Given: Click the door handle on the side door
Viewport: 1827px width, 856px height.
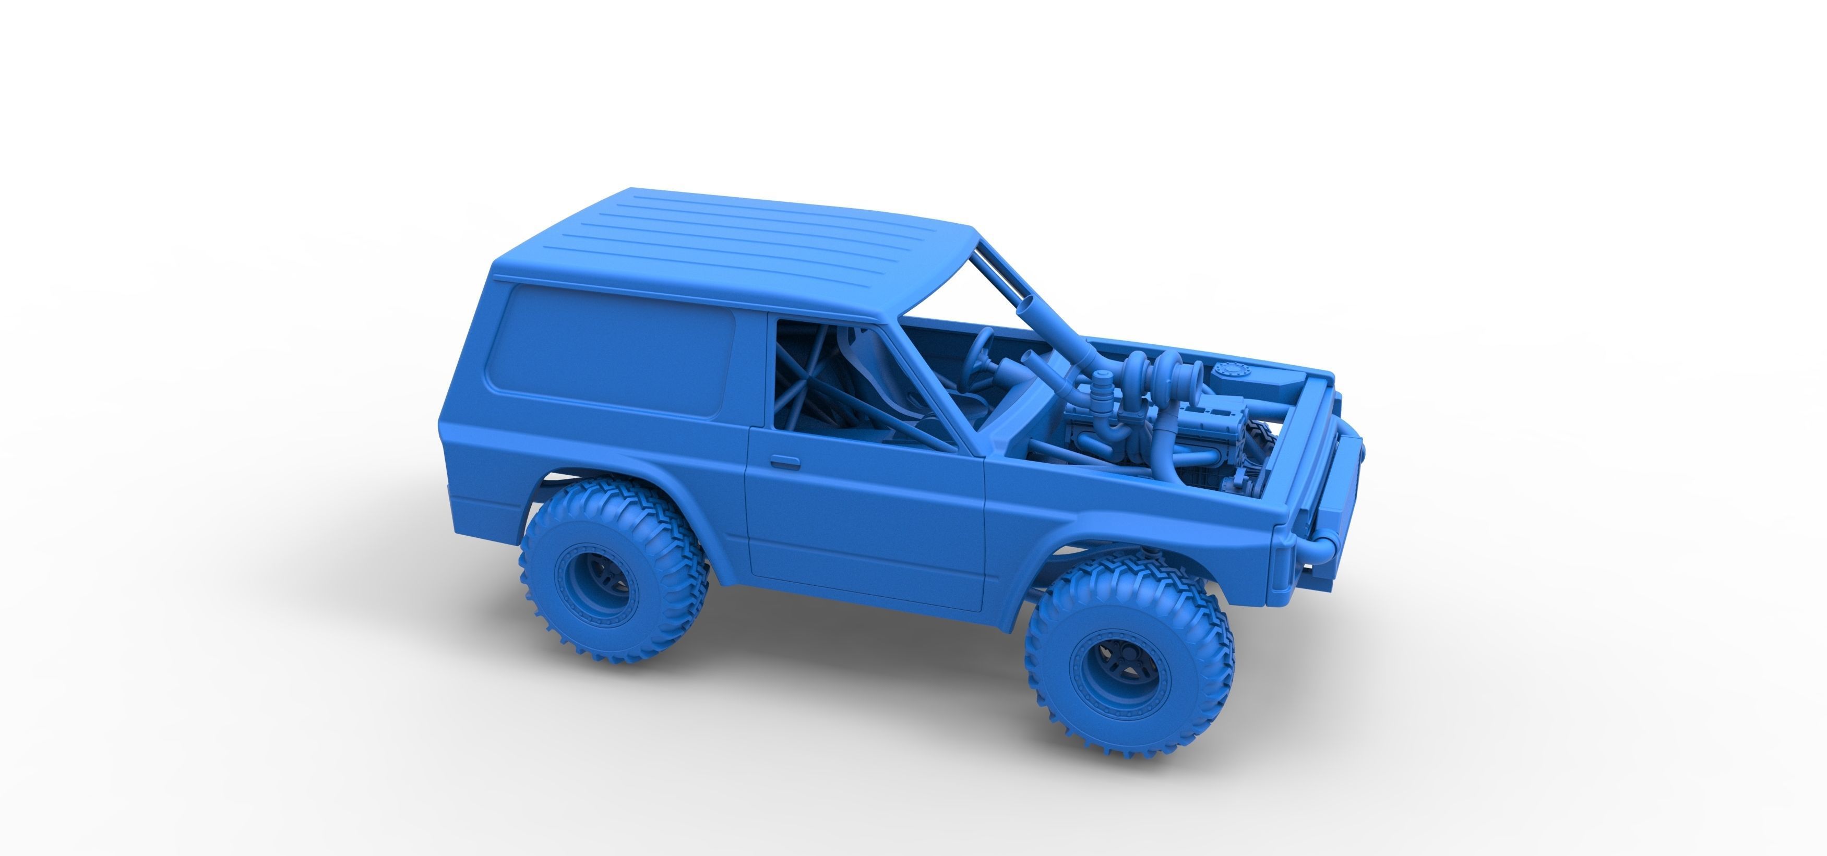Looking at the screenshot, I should [x=785, y=462].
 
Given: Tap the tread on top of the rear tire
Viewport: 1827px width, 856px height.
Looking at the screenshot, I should [x=610, y=497].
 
